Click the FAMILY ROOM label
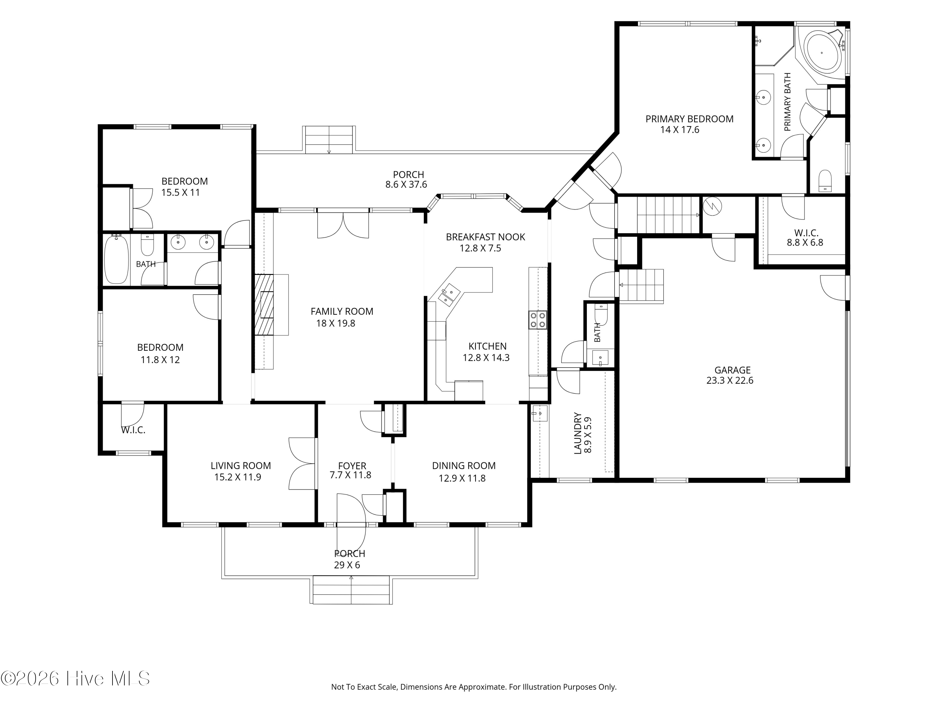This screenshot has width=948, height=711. point(342,312)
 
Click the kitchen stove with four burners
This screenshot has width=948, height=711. point(538,320)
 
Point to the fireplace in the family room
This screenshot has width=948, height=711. point(264,305)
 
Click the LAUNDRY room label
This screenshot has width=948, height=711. point(578,433)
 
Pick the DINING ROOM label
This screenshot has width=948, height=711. point(464,466)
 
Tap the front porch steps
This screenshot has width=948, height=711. point(351,590)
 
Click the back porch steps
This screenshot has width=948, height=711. point(329,140)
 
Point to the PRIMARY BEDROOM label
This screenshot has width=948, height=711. point(689,119)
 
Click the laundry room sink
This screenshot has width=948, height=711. point(540,414)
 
